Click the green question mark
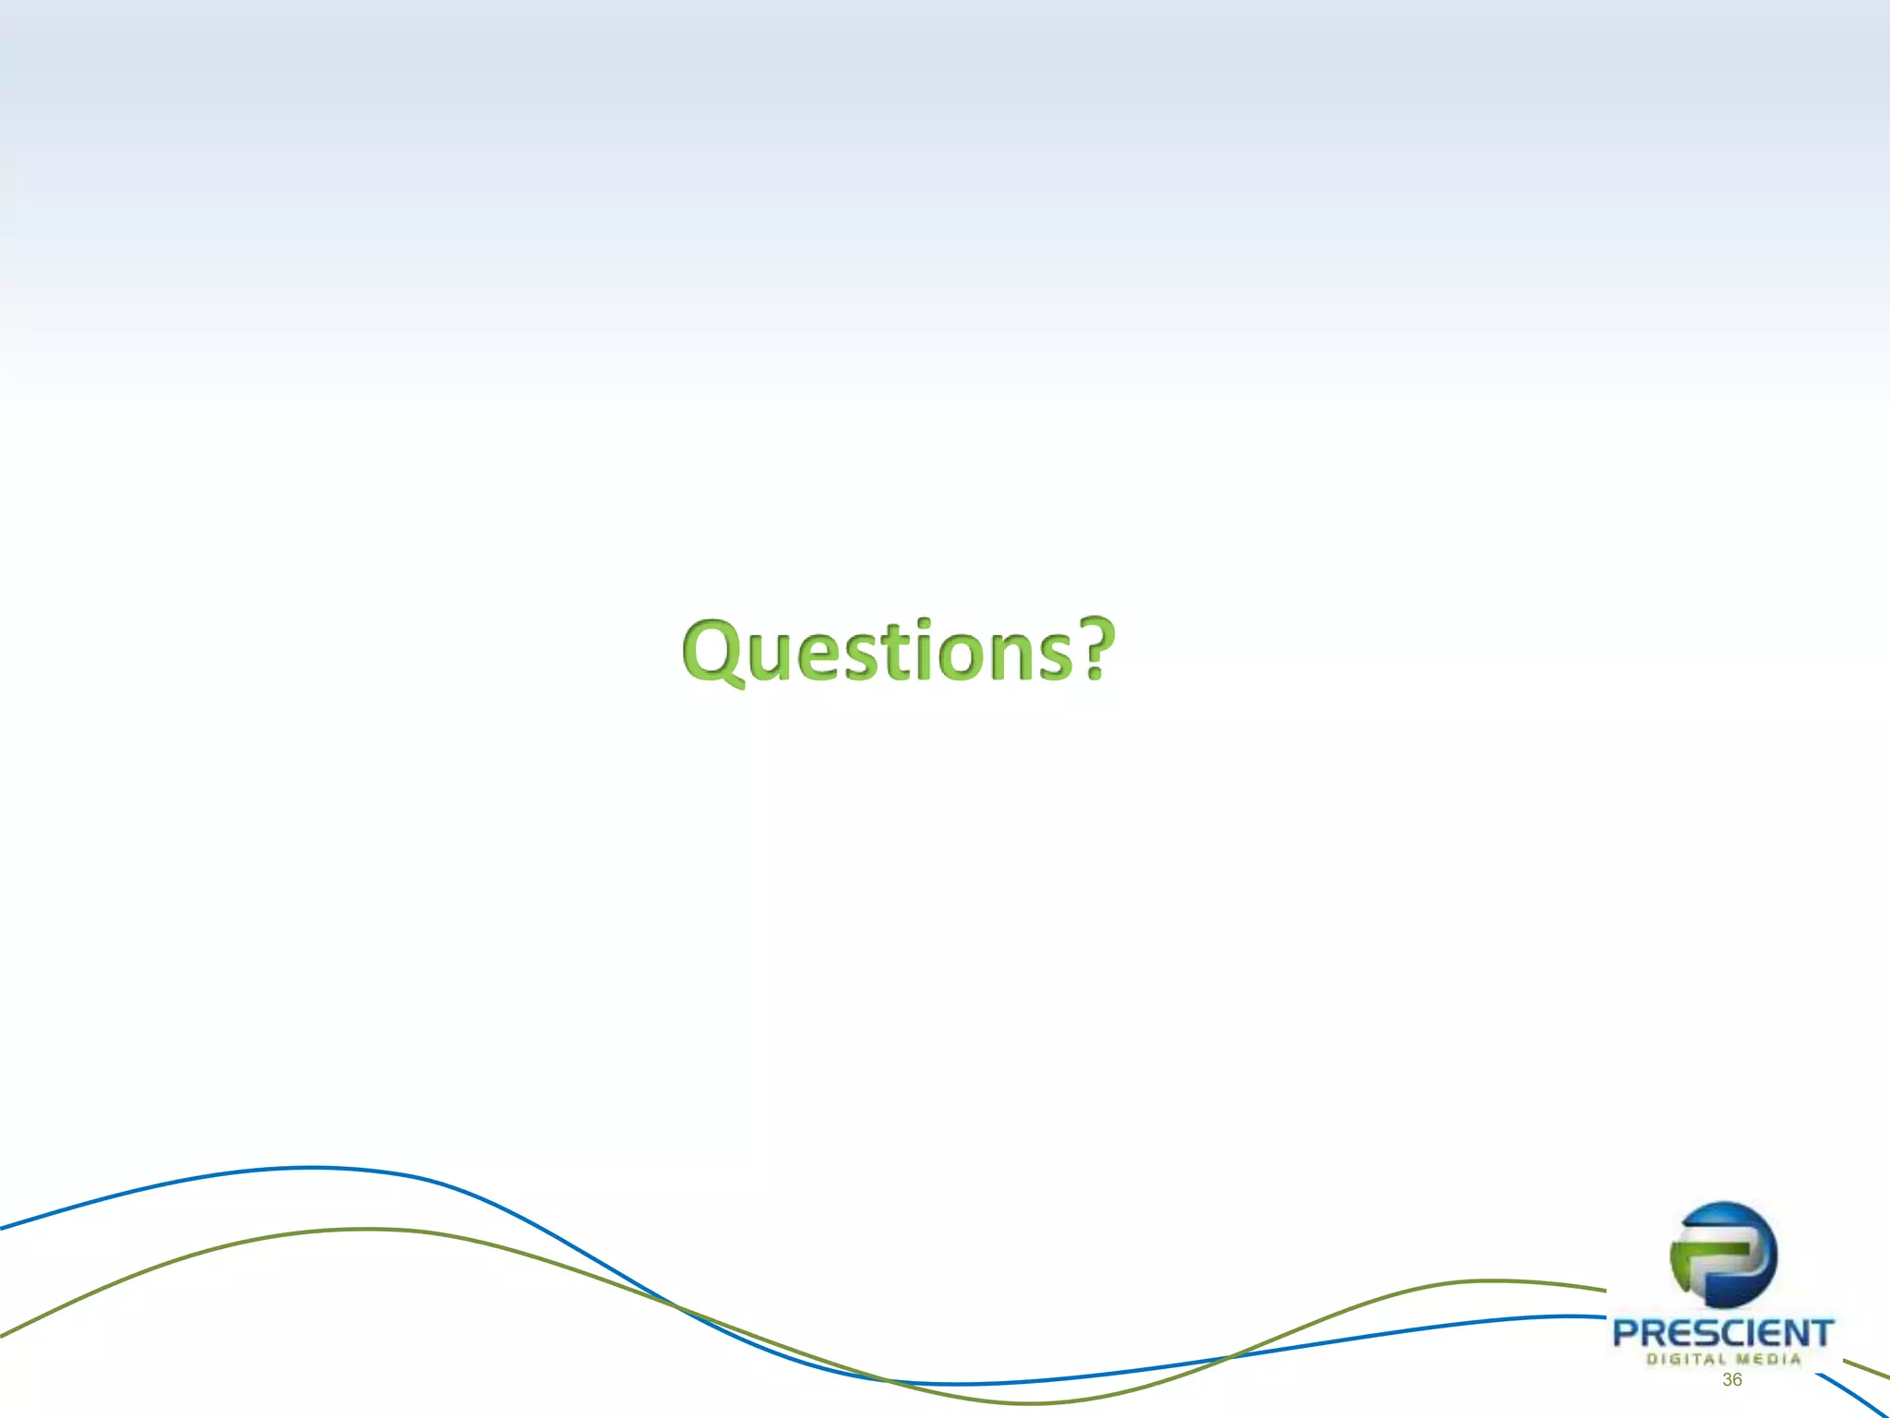click(1096, 648)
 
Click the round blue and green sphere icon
click(1723, 1255)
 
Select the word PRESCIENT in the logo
click(1723, 1333)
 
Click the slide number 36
click(1731, 1379)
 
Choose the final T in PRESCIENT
click(1820, 1333)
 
